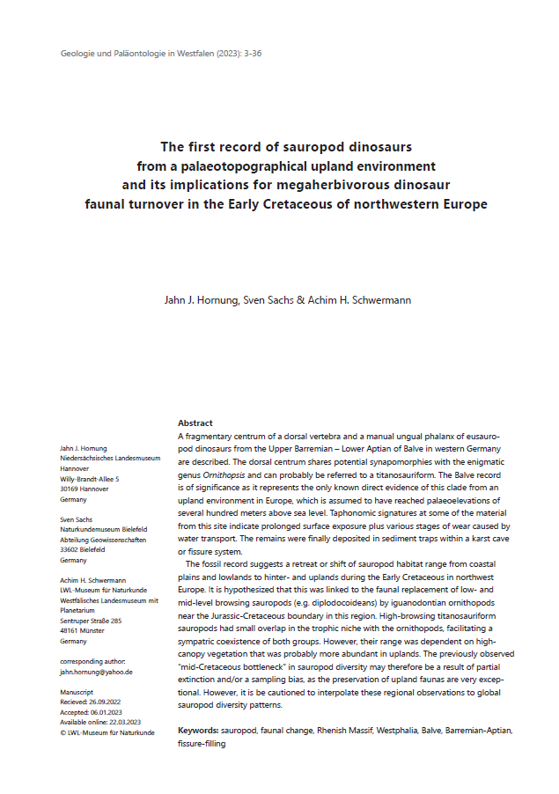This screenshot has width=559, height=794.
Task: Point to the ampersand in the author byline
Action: pyautogui.click(x=300, y=300)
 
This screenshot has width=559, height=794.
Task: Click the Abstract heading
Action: pyautogui.click(x=195, y=423)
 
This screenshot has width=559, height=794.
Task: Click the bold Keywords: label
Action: pyautogui.click(x=198, y=731)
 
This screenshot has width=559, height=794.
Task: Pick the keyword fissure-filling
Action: pyautogui.click(x=202, y=743)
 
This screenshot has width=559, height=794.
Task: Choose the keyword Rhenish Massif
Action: pyautogui.click(x=350, y=731)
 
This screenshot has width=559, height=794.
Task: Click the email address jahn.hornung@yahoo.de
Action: pyautogui.click(x=96, y=672)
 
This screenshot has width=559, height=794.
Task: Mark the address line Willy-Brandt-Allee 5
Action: pyautogui.click(x=89, y=479)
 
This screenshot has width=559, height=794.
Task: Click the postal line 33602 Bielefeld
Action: pyautogui.click(x=86, y=549)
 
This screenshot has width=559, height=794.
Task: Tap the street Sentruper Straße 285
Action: pyautogui.click(x=91, y=621)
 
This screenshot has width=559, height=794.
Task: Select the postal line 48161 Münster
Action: pyautogui.click(x=84, y=630)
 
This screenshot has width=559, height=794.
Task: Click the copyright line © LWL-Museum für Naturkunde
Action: pyautogui.click(x=107, y=732)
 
